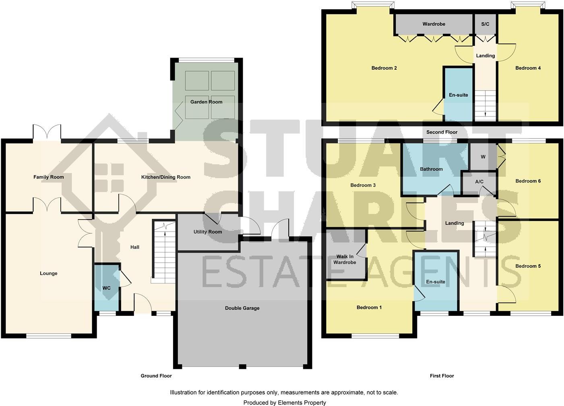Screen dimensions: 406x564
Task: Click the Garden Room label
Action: (x=206, y=102)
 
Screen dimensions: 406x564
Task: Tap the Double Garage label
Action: (x=242, y=308)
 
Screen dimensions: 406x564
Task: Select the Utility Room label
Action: (x=208, y=232)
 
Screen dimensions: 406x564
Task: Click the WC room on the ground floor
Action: (x=106, y=288)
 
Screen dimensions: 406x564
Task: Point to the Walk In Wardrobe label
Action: (x=345, y=259)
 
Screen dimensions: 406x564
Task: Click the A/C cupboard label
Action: (x=479, y=182)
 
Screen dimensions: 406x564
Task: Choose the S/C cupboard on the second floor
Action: (x=485, y=24)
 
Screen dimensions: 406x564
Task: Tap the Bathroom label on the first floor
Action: (x=431, y=169)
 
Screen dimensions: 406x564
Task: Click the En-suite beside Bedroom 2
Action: (x=458, y=95)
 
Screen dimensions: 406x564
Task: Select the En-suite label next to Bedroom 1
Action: (x=436, y=282)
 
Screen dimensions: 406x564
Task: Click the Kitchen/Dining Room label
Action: (x=165, y=177)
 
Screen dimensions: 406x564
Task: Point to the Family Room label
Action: (x=48, y=177)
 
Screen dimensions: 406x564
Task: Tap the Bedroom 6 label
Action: (x=528, y=181)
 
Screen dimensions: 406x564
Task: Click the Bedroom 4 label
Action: (x=528, y=68)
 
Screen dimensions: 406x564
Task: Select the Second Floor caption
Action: (x=442, y=132)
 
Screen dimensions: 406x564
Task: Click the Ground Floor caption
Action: (x=156, y=376)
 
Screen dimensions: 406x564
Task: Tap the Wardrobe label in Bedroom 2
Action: (x=434, y=24)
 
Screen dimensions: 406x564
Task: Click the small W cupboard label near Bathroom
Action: (x=483, y=157)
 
